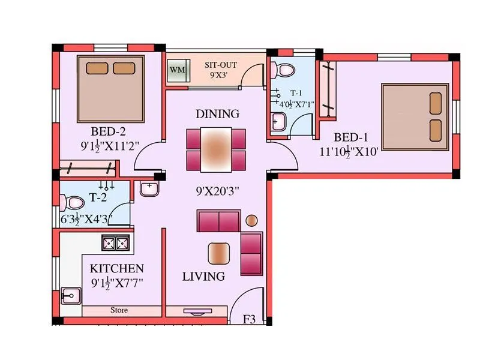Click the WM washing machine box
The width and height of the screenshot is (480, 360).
[178, 70]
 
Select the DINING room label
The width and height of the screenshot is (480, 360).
[217, 113]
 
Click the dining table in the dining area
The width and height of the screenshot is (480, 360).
[215, 149]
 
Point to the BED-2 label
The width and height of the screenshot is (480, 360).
[108, 131]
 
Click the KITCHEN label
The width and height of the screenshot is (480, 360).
[116, 268]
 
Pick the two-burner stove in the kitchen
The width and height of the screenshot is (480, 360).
[116, 243]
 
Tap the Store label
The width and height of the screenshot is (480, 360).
[119, 311]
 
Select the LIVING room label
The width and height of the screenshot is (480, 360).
[203, 277]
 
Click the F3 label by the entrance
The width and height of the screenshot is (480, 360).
[249, 320]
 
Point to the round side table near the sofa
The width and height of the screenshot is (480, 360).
[251, 220]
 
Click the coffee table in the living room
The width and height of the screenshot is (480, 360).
[219, 253]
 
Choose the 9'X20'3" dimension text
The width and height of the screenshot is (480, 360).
[218, 192]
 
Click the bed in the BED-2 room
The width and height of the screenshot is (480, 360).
[110, 88]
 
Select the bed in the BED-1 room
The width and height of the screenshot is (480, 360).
[415, 114]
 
